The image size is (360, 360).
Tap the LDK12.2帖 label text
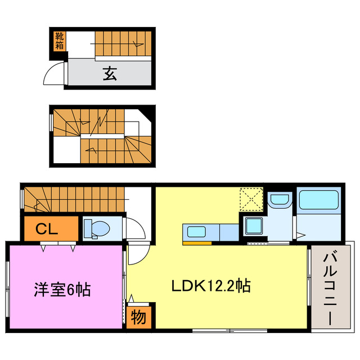(210, 286)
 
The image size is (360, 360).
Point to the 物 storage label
(138, 317)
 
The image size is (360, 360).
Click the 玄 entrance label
(109, 73)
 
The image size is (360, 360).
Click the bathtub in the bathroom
(318, 201)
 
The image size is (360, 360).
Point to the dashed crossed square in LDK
(251, 199)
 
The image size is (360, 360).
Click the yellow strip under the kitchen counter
(197, 243)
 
